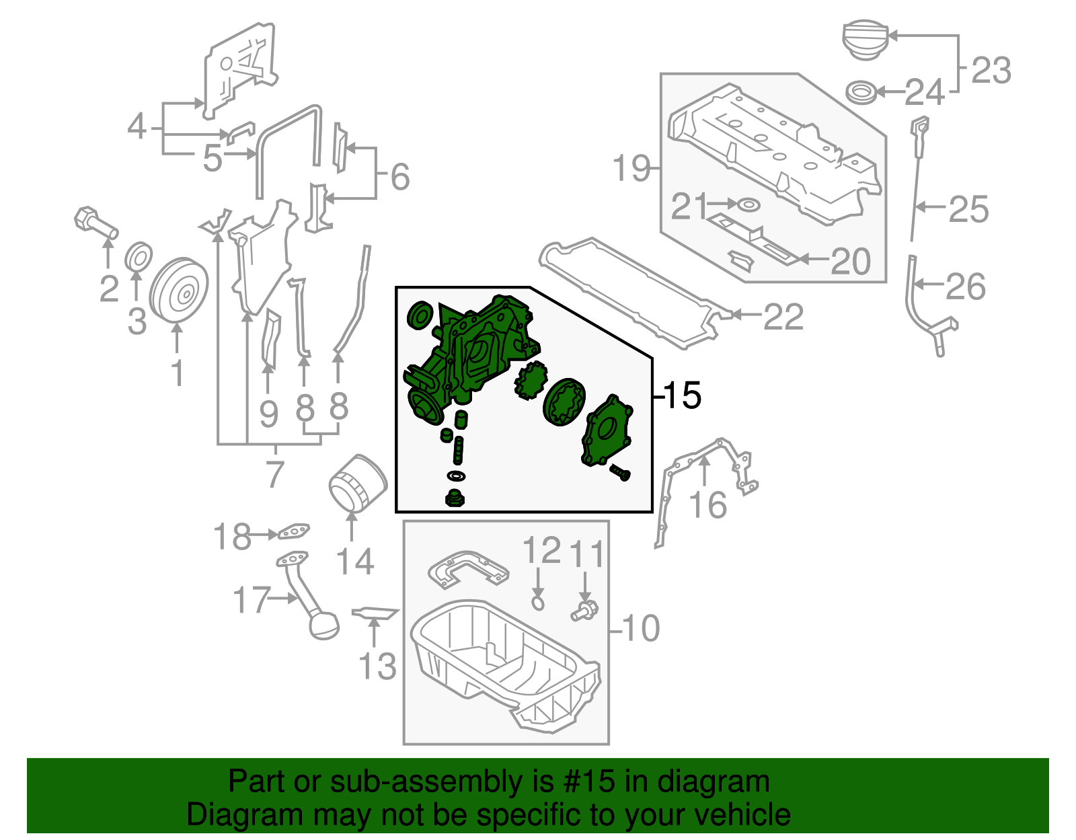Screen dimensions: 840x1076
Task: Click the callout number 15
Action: pos(683,395)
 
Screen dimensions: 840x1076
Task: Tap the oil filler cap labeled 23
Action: pos(865,41)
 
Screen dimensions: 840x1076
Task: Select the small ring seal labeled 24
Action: pos(861,92)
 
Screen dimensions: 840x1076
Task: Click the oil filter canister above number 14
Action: pos(357,483)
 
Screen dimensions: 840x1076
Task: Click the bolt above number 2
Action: pos(95,224)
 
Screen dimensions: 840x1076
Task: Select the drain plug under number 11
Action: pos(584,611)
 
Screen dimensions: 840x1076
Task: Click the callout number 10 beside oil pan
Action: pos(641,628)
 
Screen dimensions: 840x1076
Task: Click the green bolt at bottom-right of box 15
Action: pos(620,473)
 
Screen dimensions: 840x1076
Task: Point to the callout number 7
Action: pos(274,474)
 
